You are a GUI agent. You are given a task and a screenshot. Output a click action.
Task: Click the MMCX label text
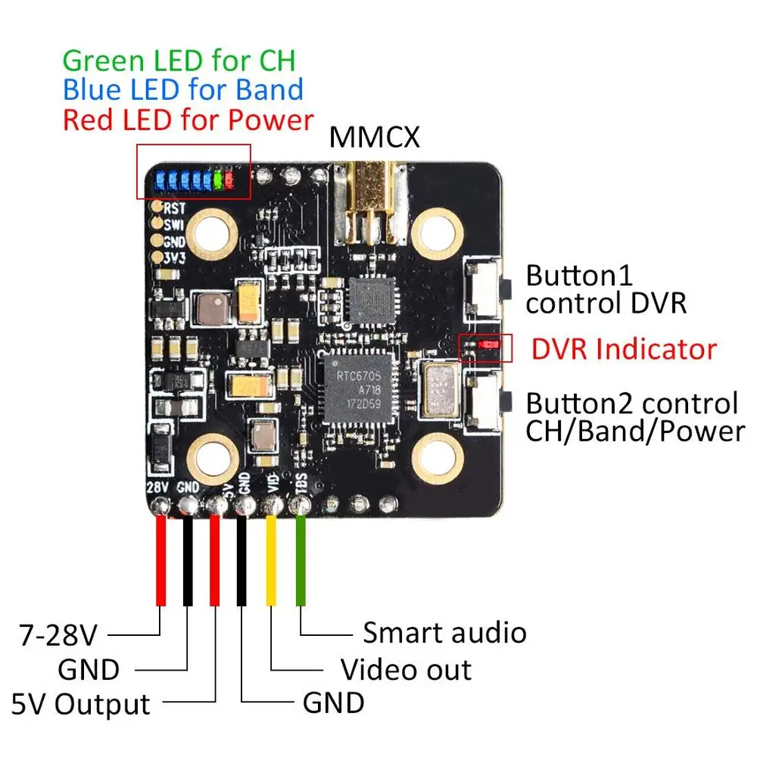[374, 137]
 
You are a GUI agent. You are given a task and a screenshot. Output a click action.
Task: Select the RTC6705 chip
[358, 388]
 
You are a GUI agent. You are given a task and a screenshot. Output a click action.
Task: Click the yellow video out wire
[271, 560]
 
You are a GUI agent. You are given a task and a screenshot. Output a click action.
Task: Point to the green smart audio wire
[301, 560]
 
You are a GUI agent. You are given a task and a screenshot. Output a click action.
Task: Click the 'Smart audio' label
[444, 632]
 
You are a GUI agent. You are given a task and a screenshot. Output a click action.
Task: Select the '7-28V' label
[58, 635]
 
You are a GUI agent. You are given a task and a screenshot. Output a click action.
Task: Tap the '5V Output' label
[81, 704]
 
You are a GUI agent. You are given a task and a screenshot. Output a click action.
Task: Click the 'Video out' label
[406, 670]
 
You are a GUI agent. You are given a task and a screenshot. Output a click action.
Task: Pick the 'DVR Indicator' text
[625, 349]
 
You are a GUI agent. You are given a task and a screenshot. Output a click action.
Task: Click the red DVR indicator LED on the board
[488, 344]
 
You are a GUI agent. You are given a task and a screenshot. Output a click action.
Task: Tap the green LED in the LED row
[218, 179]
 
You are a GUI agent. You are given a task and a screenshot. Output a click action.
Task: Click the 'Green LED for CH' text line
[179, 61]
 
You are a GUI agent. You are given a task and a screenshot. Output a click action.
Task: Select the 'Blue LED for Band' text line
[183, 90]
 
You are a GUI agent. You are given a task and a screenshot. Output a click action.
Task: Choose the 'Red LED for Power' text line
[188, 120]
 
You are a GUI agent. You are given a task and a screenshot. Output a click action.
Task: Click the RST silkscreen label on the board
[174, 209]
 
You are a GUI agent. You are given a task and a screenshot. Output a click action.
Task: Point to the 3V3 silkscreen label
[174, 258]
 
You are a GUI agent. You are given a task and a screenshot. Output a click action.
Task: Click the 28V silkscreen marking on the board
[157, 487]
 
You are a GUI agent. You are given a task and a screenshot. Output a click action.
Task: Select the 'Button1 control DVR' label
[606, 289]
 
